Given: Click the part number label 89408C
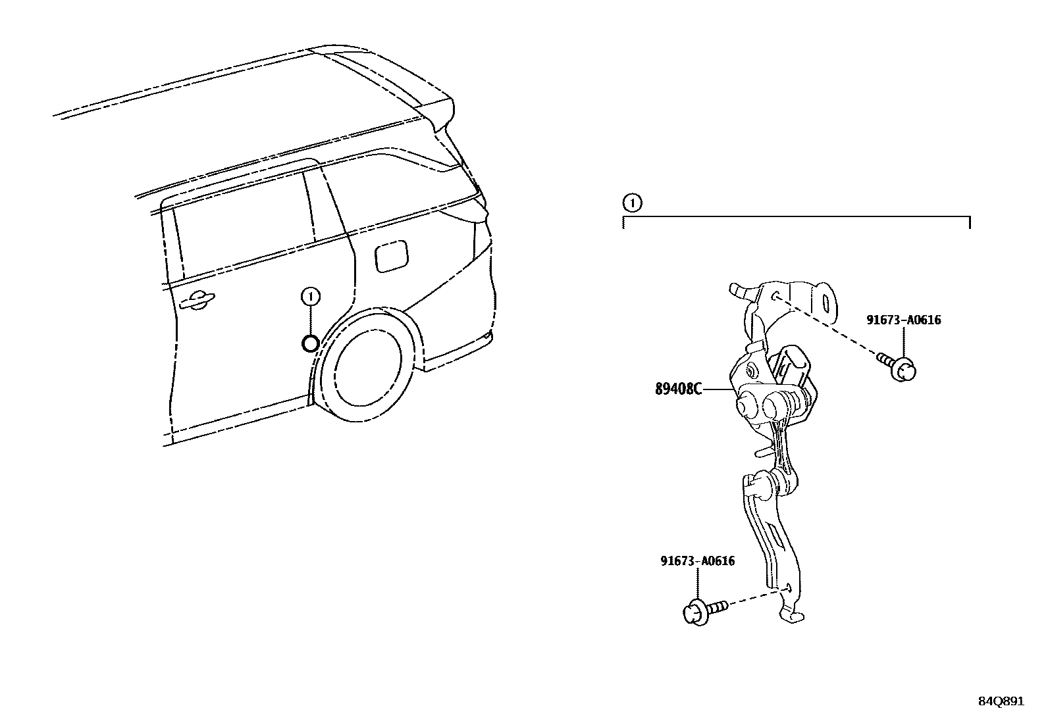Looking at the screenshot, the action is pyautogui.click(x=678, y=389).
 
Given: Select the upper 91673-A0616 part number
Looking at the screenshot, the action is pyautogui.click(x=903, y=320).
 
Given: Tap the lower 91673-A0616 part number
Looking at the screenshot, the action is pyautogui.click(x=698, y=561).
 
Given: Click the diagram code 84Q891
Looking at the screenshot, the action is pyautogui.click(x=1000, y=701).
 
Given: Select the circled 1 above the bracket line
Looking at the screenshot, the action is pyautogui.click(x=632, y=203).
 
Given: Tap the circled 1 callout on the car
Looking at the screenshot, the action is pyautogui.click(x=310, y=297).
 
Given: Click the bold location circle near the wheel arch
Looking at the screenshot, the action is pyautogui.click(x=310, y=343).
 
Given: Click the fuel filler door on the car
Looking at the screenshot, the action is pyautogui.click(x=390, y=255).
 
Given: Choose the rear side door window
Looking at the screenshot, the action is pyautogui.click(x=240, y=224).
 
